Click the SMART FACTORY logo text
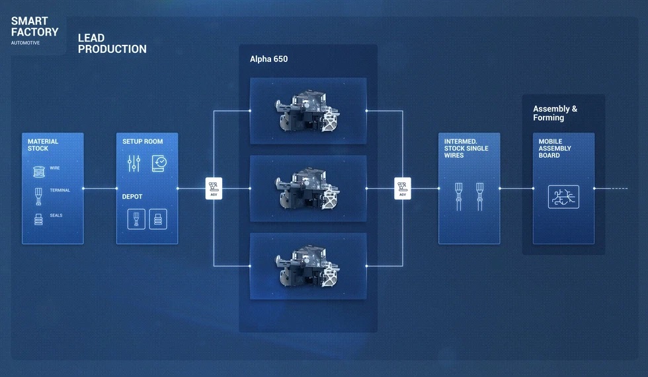click(34, 26)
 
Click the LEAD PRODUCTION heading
click(112, 44)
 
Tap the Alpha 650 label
click(268, 59)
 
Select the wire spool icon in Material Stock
click(39, 171)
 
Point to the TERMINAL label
click(60, 190)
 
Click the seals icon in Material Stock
click(38, 219)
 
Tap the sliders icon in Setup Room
click(134, 163)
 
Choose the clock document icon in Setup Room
click(159, 163)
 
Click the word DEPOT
click(132, 197)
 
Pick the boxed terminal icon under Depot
click(136, 219)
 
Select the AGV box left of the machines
click(214, 189)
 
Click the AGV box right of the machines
click(403, 189)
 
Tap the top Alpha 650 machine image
click(308, 110)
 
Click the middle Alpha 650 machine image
click(308, 189)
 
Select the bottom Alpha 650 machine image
click(308, 266)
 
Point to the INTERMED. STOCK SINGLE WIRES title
click(466, 149)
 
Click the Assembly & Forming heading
click(555, 113)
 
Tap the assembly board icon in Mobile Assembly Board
click(563, 197)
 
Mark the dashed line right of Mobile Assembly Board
click(620, 189)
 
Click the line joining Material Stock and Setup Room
click(100, 189)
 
